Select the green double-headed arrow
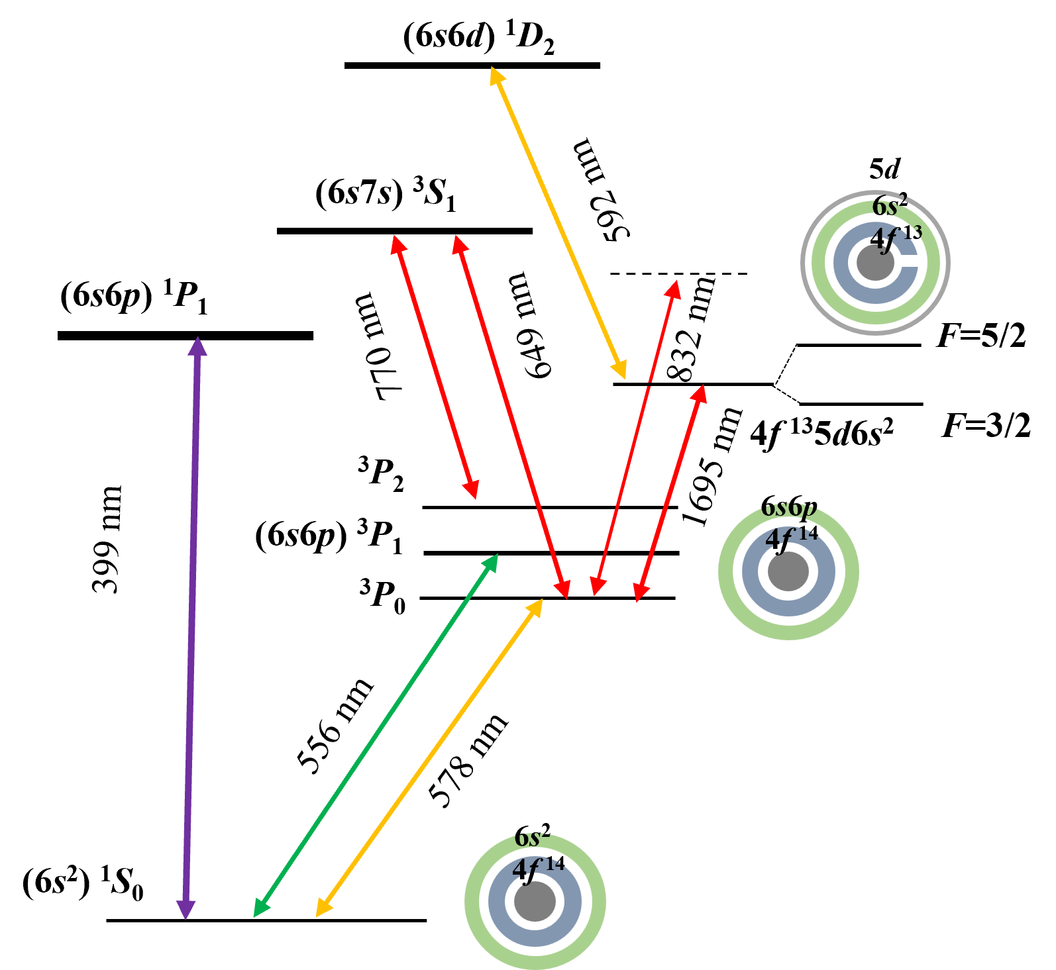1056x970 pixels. pyautogui.click(x=376, y=736)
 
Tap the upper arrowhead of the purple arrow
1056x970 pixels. pyautogui.click(x=197, y=346)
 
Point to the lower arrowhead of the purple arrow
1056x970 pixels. pyautogui.click(x=186, y=910)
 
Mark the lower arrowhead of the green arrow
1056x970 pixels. pyautogui.click(x=261, y=909)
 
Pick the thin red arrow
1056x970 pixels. pyautogui.click(x=635, y=437)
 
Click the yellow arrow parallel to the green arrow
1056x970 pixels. pyautogui.click(x=429, y=758)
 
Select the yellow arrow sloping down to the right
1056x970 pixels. pyautogui.click(x=558, y=222)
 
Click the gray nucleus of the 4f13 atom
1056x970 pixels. pyautogui.click(x=875, y=263)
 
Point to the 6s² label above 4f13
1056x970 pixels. pyautogui.click(x=889, y=206)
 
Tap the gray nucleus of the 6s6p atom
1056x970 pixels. pyautogui.click(x=788, y=571)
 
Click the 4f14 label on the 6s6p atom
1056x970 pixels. pyautogui.click(x=792, y=538)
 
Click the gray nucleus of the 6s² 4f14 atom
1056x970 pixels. pyautogui.click(x=535, y=901)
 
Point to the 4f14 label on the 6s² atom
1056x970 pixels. pyautogui.click(x=538, y=867)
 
